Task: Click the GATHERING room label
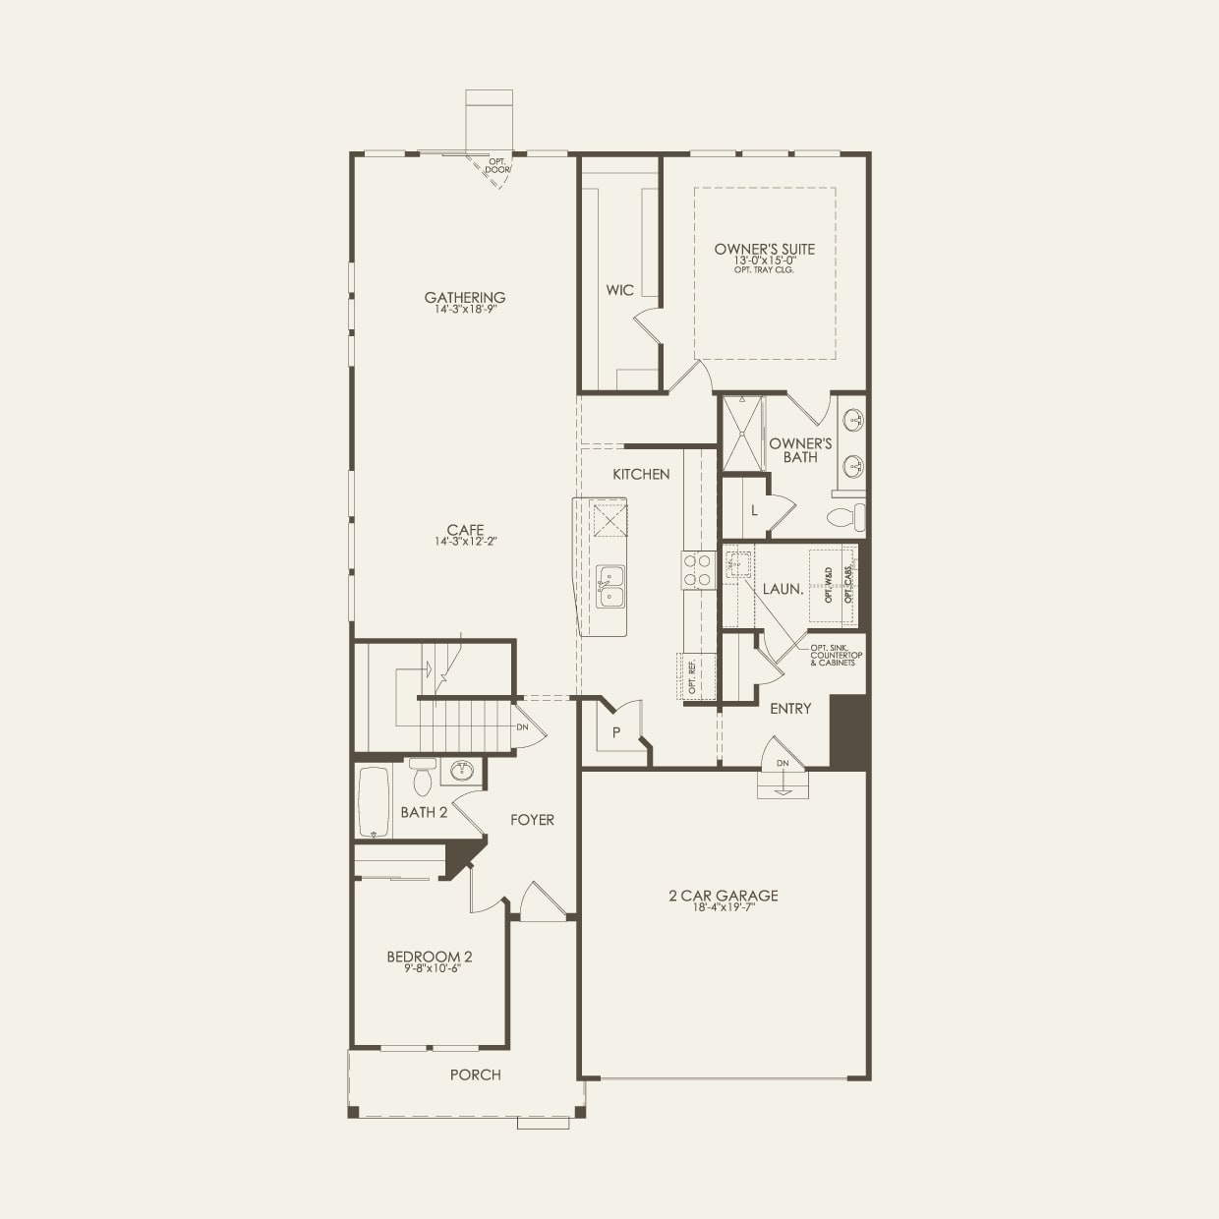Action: tap(465, 297)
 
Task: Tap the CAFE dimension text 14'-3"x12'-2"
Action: tap(465, 542)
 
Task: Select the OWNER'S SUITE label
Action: tap(765, 249)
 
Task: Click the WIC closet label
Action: tap(619, 290)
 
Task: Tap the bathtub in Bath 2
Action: tap(374, 801)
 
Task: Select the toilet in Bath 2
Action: tap(423, 779)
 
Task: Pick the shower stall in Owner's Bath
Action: tap(742, 434)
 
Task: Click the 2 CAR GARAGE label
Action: tap(724, 896)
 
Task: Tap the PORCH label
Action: tap(476, 1074)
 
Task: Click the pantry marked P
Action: tap(616, 732)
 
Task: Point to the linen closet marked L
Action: tap(754, 510)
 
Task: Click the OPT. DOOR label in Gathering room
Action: tap(498, 165)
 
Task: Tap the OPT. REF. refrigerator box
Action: tap(692, 677)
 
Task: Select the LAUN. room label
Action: tap(784, 590)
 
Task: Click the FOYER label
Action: tap(532, 819)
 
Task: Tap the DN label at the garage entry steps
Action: tap(783, 763)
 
